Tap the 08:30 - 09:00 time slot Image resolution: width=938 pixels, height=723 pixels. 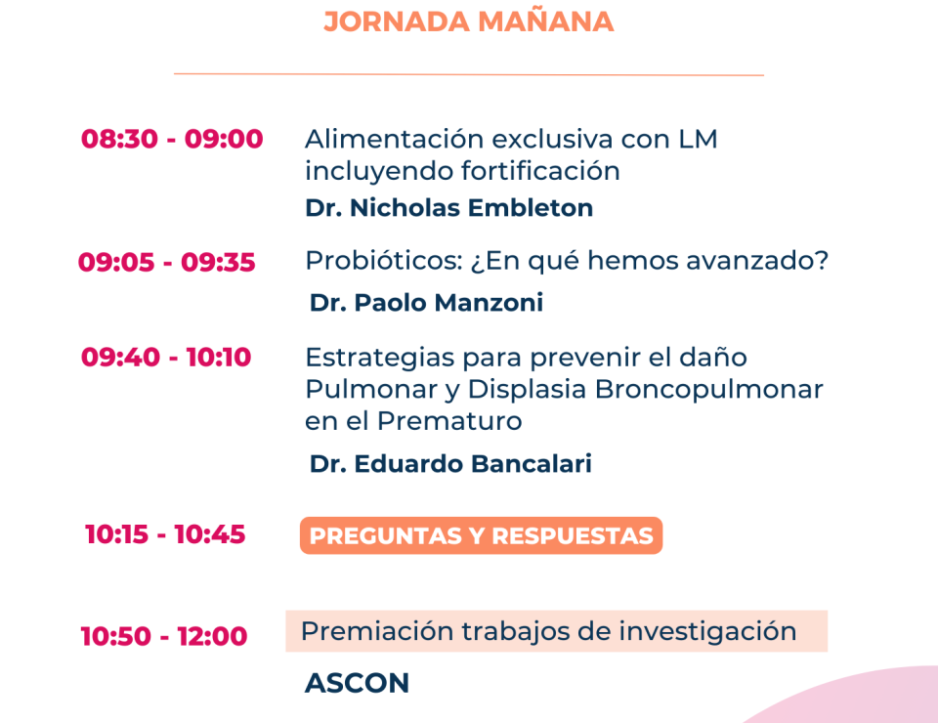coord(172,139)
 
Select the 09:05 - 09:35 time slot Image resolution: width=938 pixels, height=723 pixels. coord(167,262)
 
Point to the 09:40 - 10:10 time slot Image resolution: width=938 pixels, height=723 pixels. coord(166,357)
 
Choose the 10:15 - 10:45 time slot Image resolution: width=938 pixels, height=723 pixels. coord(165,534)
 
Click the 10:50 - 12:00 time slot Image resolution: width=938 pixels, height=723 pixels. coord(164,636)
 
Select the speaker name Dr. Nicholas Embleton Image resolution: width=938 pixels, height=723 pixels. coord(449,208)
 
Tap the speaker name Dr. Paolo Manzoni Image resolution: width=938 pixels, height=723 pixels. coord(427,303)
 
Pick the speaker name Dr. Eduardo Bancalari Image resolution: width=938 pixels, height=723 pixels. coord(450,463)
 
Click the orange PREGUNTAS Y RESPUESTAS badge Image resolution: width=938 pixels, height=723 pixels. coord(481,535)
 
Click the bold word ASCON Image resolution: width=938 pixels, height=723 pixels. coord(358,683)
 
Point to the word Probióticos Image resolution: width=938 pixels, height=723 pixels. coord(384,261)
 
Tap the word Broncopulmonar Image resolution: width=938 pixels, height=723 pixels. coord(709,390)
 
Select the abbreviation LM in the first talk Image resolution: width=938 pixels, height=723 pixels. coord(698,139)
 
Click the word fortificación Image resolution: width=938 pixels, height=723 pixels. coord(540,171)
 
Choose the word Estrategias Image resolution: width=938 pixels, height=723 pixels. coord(380,359)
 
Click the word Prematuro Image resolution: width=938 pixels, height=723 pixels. coord(449,421)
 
